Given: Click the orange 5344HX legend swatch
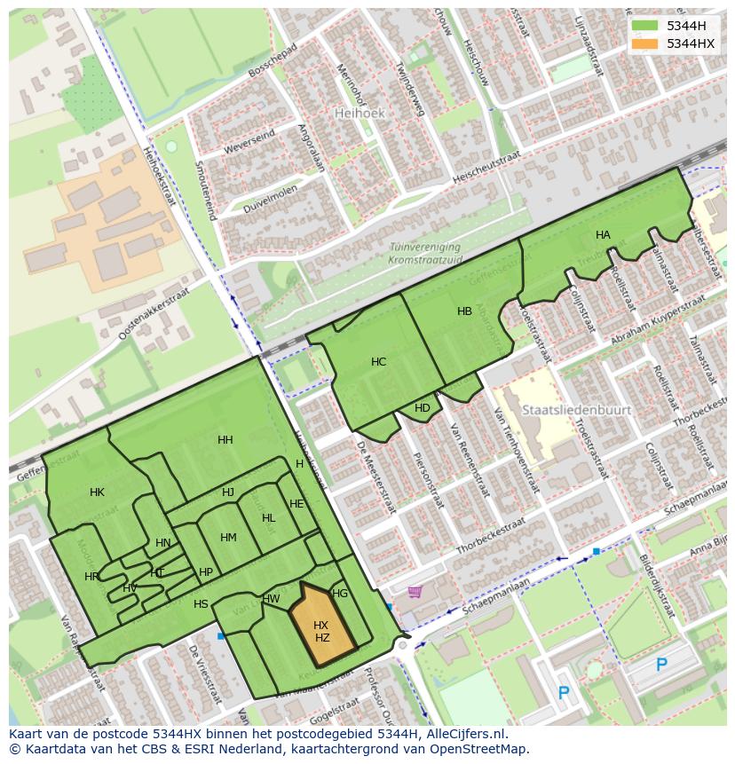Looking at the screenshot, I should pos(645,43).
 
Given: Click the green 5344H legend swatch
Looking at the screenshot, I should pos(645,26).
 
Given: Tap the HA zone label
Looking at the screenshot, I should pos(603,235).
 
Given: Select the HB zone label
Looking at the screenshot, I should pos(464,311).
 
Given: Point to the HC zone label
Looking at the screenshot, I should pos(379,362).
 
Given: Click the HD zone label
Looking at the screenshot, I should pos(423,408).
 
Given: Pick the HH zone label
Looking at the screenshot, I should pos(225,440).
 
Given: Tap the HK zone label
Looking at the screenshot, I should pos(98,492).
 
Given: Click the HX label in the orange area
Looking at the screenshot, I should pos(321,626).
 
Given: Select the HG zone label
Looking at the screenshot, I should pos(340,594).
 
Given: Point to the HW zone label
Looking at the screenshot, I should pos(272,599).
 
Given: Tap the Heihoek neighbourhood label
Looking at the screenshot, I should pos(357,114).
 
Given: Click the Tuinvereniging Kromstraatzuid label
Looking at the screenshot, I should pos(425,254).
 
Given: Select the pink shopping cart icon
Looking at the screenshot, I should pos(415,592).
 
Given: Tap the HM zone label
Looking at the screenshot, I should pos(228,538).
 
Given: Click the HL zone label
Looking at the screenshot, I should pos(269,518).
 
